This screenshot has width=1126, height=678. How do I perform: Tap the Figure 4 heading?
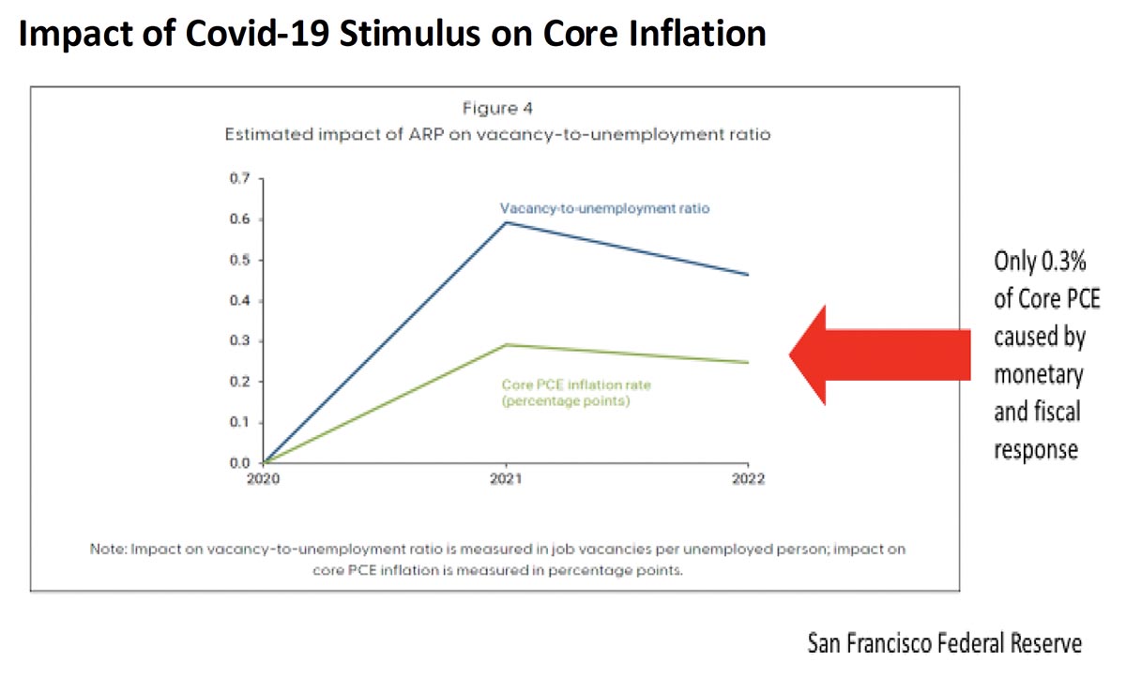tap(496, 109)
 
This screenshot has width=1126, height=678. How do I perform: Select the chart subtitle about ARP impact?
tap(496, 135)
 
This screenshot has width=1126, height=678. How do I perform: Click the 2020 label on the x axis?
tap(264, 478)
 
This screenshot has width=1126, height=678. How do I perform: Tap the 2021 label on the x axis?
tap(507, 478)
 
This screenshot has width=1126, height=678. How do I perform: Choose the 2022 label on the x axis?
tap(748, 478)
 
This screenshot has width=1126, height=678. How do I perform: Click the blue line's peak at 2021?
tap(507, 222)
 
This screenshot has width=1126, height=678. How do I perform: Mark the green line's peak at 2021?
tap(507, 344)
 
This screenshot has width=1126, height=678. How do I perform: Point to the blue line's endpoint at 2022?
tap(748, 275)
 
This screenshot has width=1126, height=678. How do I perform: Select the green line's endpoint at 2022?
tap(748, 362)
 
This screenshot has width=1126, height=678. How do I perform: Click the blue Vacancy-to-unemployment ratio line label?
tap(604, 208)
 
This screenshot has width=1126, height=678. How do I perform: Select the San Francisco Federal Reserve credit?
tap(944, 643)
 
